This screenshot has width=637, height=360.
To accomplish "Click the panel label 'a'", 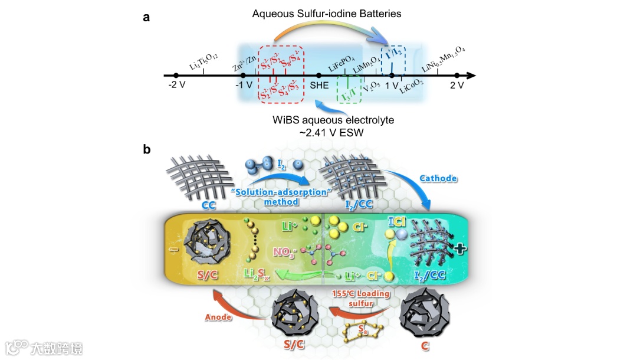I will click(146, 17).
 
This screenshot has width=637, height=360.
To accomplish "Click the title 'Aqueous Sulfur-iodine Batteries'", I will click(327, 13).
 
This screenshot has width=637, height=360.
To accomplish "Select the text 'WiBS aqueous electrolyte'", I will click(333, 120).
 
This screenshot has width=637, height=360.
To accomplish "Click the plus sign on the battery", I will click(459, 250).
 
